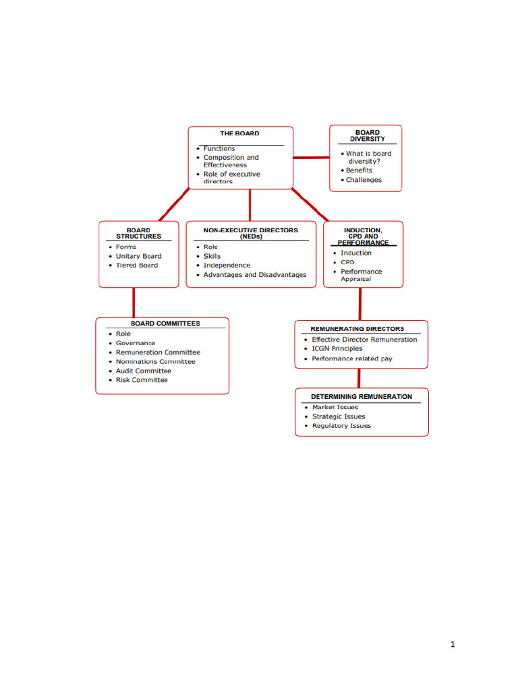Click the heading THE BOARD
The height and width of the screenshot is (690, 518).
239,133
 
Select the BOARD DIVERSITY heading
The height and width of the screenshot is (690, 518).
368,136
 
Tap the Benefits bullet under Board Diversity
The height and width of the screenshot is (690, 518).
359,170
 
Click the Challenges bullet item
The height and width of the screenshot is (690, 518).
364,180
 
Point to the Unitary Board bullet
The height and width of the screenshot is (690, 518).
138,256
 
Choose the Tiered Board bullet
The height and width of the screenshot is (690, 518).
136,265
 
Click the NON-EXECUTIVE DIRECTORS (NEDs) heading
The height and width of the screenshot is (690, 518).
250,233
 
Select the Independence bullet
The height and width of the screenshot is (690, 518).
227,265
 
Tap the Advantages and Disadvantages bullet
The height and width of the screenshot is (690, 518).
254,275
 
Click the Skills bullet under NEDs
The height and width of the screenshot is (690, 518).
212,256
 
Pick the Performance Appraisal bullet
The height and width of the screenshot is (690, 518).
360,275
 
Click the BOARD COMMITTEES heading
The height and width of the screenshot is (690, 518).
165,323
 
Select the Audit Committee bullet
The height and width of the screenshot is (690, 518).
143,371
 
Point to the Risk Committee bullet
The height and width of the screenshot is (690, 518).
142,380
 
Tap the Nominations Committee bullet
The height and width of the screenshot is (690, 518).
155,362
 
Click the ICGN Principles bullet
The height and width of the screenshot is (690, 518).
337,349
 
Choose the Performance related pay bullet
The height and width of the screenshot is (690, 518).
351,358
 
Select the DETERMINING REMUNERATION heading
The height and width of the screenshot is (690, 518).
361,396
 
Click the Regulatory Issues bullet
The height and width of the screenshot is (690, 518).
341,426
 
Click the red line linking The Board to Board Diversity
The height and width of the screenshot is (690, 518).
311,158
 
